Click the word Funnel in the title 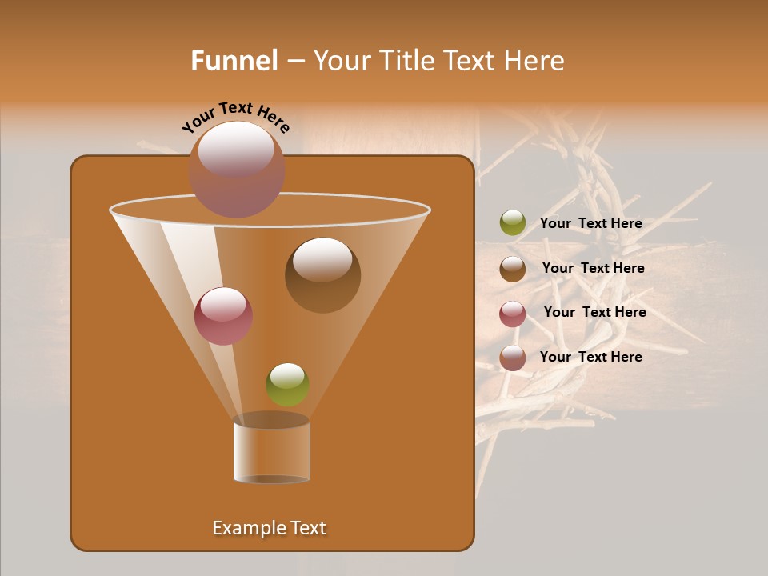pyautogui.click(x=234, y=61)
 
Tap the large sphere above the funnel pyautogui.click(x=237, y=169)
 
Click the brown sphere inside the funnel pyautogui.click(x=322, y=274)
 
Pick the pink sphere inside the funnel pyautogui.click(x=223, y=316)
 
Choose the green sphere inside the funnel pyautogui.click(x=287, y=384)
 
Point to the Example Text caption pyautogui.click(x=269, y=528)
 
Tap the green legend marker pyautogui.click(x=513, y=223)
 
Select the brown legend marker pyautogui.click(x=513, y=269)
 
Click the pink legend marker pyautogui.click(x=513, y=314)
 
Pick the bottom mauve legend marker pyautogui.click(x=513, y=358)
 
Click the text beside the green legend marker pyautogui.click(x=591, y=224)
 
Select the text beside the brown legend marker pyautogui.click(x=593, y=269)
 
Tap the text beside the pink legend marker pyautogui.click(x=594, y=313)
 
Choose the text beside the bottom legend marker pyautogui.click(x=591, y=358)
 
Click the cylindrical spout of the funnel pyautogui.click(x=271, y=451)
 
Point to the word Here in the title pyautogui.click(x=536, y=61)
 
